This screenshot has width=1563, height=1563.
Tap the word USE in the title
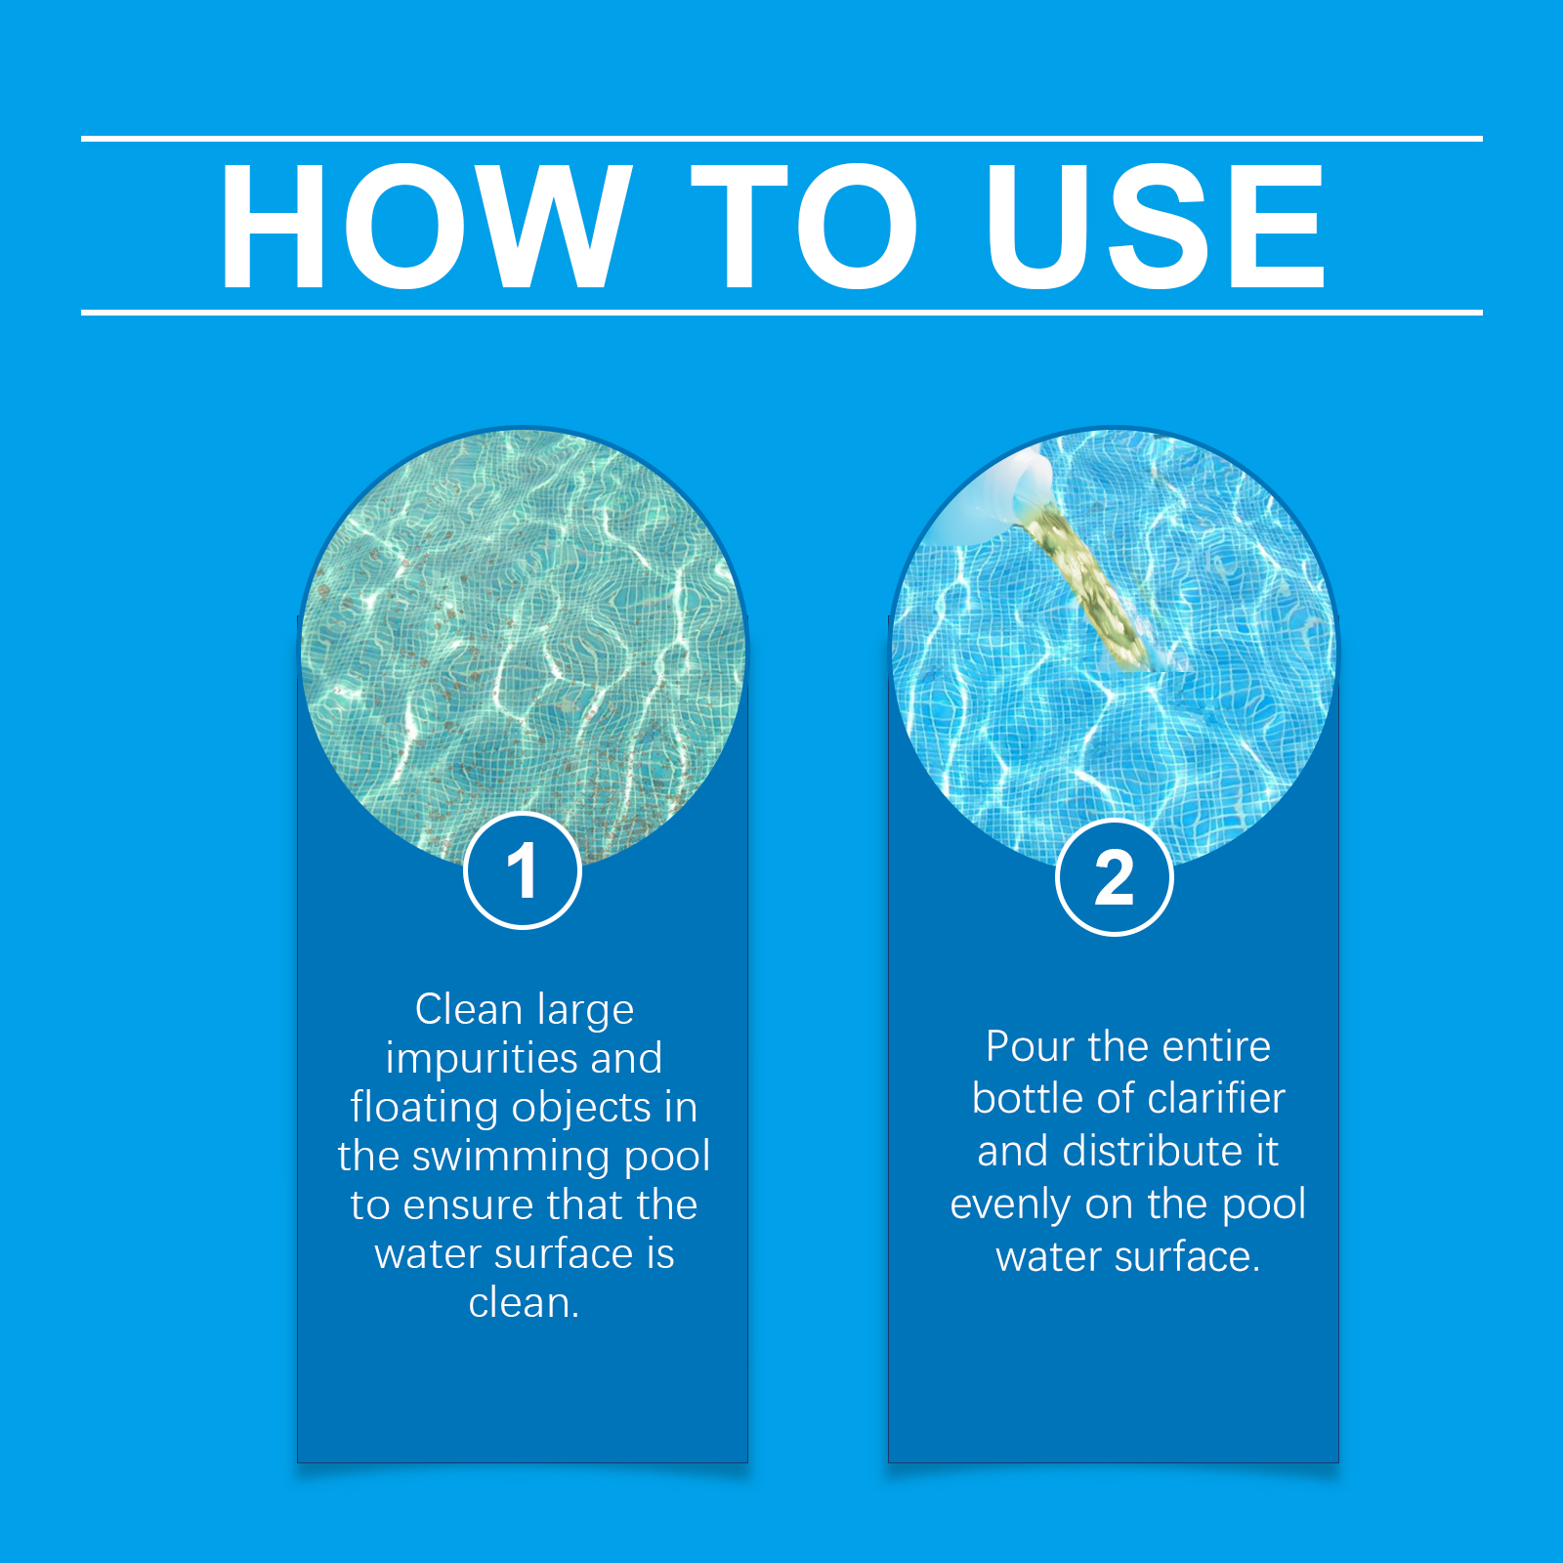pos(1156,227)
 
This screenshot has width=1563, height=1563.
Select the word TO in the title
pos(804,227)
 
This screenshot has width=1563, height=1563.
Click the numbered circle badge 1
pos(523,870)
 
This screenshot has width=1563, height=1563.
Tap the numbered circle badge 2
pos(1115,877)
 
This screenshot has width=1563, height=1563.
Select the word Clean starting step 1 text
pos(469,1009)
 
